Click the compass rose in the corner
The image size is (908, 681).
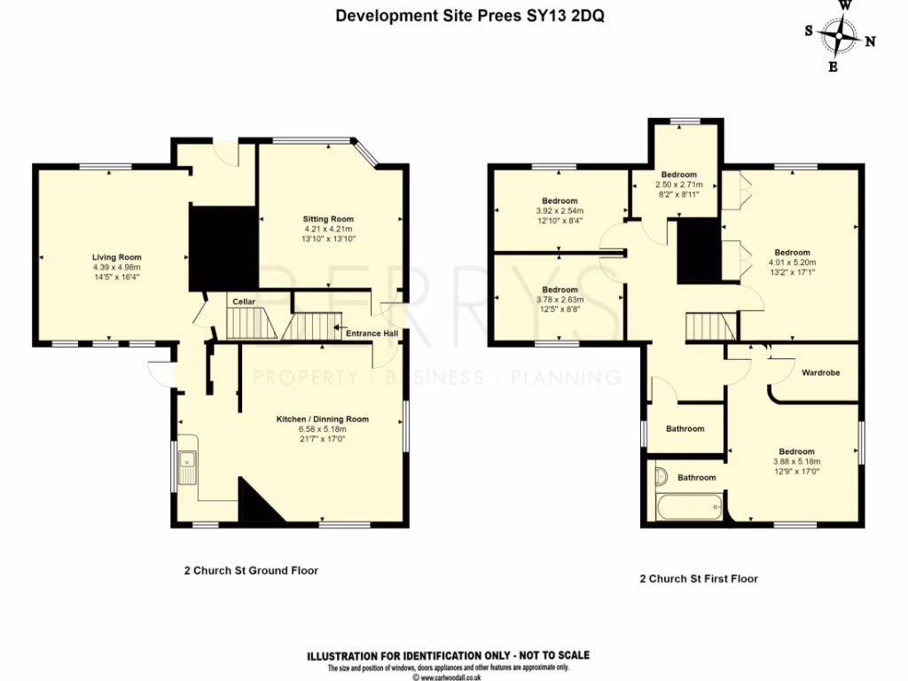tap(839, 36)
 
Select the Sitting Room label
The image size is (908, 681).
tap(328, 219)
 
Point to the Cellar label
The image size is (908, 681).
tap(244, 302)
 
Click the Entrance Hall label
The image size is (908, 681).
tap(372, 334)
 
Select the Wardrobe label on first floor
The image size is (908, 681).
tap(820, 373)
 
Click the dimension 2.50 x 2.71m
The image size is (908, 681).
tap(678, 184)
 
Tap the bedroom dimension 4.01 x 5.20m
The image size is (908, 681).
tap(792, 262)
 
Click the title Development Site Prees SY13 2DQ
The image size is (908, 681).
tap(470, 16)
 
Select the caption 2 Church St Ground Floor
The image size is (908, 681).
tap(245, 571)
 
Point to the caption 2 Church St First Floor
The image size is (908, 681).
tap(699, 579)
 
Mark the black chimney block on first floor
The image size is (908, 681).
tap(698, 251)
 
